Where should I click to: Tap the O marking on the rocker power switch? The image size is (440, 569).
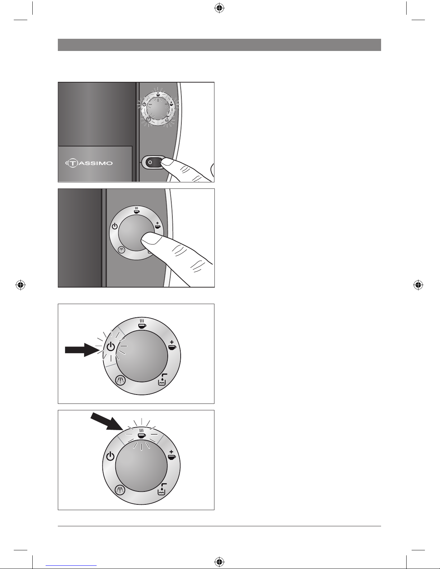point(150,162)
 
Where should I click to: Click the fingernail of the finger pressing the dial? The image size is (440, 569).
point(151,239)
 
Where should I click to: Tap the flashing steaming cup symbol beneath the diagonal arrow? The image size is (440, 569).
point(142,434)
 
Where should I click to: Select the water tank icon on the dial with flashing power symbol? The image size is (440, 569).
point(162,379)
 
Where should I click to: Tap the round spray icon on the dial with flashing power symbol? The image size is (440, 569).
point(120,380)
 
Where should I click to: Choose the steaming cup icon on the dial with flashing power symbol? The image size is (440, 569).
point(142,324)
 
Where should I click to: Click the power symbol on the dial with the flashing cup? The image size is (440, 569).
point(110,456)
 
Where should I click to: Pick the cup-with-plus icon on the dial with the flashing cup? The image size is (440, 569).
point(172,455)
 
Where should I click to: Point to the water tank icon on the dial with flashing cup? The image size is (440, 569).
point(162,489)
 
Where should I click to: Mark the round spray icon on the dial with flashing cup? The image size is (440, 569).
point(120,490)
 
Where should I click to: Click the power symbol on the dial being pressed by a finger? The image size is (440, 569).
point(115,226)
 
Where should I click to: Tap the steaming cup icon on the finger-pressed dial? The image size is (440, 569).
point(136,210)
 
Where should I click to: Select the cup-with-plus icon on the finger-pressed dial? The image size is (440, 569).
point(157,225)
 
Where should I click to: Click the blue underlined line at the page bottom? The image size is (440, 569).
point(71,565)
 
